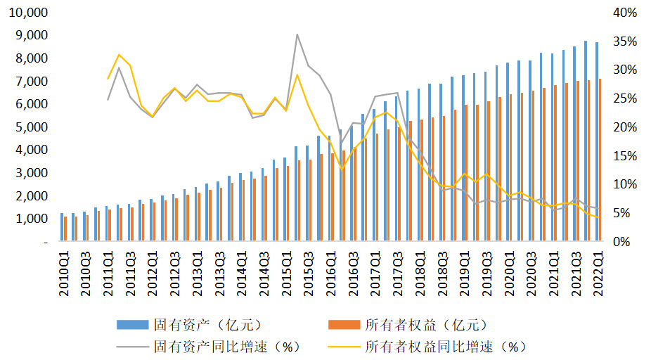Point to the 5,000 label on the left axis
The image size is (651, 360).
tap(32, 127)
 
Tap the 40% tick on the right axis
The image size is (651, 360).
tap(625, 13)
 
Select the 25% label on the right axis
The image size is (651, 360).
tap(625, 98)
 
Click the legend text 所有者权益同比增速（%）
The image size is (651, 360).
tap(446, 347)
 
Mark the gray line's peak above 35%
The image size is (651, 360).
tap(297, 34)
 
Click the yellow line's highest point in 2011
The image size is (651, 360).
tap(119, 54)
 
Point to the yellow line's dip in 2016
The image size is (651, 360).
tap(342, 169)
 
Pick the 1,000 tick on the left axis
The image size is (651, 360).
tap(32, 218)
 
